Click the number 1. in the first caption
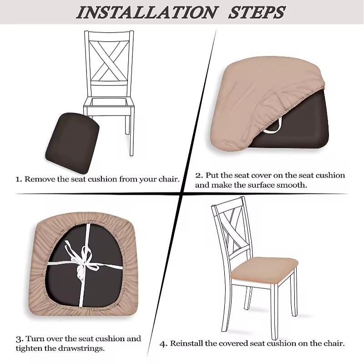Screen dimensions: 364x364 [19, 179]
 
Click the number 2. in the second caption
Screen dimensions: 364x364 [199, 175]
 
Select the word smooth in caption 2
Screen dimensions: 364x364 [294, 185]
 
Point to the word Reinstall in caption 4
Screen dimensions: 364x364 [187, 344]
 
